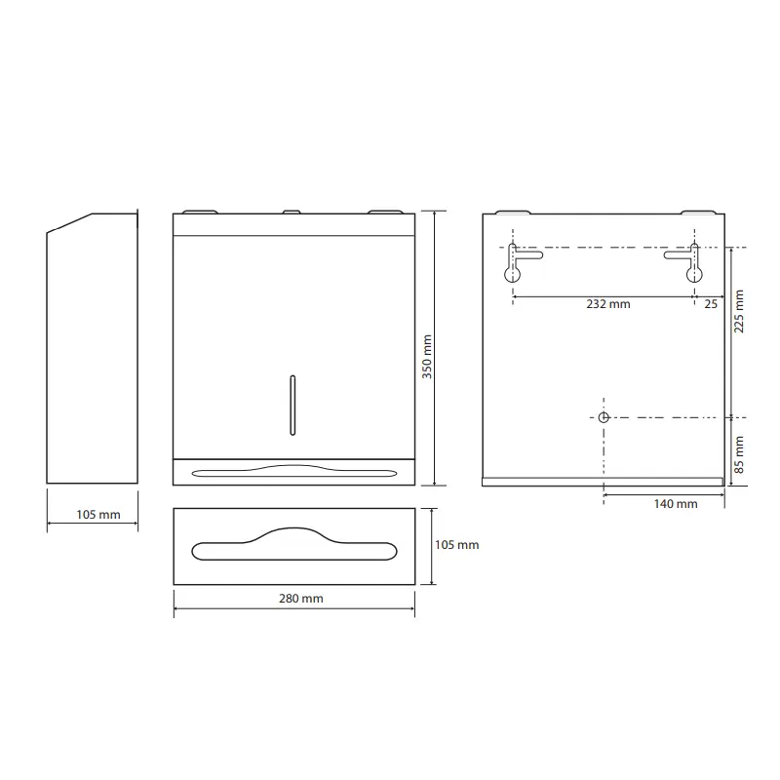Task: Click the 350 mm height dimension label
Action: pyautogui.click(x=427, y=357)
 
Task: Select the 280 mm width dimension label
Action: pyautogui.click(x=301, y=599)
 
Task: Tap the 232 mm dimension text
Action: pyautogui.click(x=607, y=304)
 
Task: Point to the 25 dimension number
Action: pyautogui.click(x=711, y=304)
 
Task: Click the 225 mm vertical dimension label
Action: pyautogui.click(x=739, y=311)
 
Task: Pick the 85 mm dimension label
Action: pyautogui.click(x=739, y=454)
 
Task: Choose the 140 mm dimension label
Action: pyautogui.click(x=676, y=504)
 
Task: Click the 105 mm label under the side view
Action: pyautogui.click(x=98, y=515)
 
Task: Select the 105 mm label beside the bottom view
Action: pyautogui.click(x=456, y=545)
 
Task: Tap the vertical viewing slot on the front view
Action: pyautogui.click(x=292, y=406)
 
